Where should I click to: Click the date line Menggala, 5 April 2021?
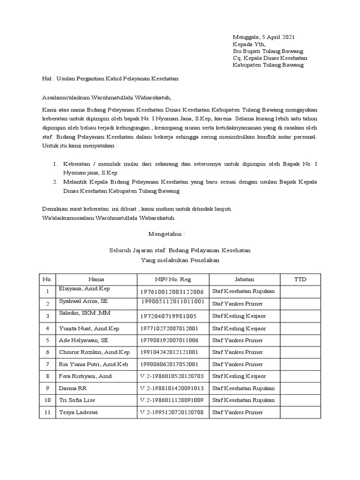click(x=264, y=37)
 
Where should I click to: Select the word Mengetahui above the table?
click(x=166, y=233)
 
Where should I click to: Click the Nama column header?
click(x=96, y=279)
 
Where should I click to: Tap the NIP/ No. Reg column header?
click(x=173, y=279)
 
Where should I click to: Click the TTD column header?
click(x=300, y=279)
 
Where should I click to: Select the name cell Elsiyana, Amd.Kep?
click(x=84, y=289)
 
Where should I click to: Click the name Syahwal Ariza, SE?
click(x=83, y=301)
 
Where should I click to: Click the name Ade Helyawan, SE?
click(x=83, y=340)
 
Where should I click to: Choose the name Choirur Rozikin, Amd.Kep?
click(x=93, y=352)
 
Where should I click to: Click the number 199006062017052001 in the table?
click(x=169, y=364)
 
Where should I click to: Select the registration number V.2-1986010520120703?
click(x=171, y=376)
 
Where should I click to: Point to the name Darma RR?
click(x=73, y=388)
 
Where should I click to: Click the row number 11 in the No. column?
click(x=47, y=412)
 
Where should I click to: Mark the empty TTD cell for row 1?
click(x=300, y=292)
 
